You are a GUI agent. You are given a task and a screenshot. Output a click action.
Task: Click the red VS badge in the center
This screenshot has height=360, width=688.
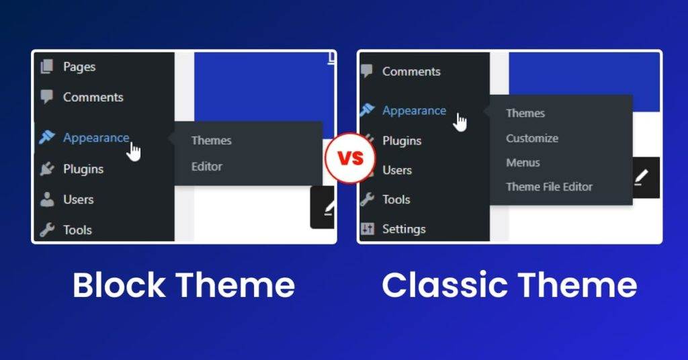coord(349,159)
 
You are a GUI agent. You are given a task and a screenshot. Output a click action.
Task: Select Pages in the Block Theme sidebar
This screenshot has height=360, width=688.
coord(79,66)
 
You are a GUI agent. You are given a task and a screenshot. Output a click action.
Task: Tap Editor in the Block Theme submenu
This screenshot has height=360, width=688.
coord(206,167)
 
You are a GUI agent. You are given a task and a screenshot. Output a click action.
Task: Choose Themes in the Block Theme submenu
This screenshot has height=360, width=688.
coord(211,140)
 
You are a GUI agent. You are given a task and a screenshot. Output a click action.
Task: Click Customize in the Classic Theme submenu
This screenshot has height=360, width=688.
coord(532,138)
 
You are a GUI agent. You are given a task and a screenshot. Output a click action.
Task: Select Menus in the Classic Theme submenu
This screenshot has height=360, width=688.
coord(523,163)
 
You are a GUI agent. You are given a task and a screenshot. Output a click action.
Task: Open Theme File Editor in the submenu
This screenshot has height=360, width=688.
coord(549,187)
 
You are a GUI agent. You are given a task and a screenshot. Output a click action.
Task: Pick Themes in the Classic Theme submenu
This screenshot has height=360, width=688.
coord(525,114)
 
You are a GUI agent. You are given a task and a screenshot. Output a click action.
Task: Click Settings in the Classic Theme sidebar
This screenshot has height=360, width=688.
coord(404,229)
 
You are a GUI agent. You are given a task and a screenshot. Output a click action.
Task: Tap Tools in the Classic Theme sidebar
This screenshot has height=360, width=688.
coord(396,199)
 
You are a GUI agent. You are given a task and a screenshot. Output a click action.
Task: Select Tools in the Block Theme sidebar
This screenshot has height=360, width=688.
coord(77,230)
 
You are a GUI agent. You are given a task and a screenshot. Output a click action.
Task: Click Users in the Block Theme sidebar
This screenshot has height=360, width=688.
coord(78,199)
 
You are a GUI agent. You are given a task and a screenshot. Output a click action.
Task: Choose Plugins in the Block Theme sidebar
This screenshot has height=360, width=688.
coord(83,169)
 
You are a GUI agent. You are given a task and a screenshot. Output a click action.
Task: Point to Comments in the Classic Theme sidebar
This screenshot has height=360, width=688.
coord(411,71)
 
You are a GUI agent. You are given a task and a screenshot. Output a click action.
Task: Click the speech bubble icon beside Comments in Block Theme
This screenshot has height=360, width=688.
coord(46,97)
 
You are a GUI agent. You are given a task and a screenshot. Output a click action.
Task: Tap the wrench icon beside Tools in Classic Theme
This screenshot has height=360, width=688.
coord(367,199)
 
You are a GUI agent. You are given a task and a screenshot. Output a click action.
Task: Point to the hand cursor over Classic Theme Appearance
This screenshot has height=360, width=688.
coord(460,122)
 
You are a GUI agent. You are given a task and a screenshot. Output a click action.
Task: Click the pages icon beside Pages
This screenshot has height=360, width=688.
coord(46,66)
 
